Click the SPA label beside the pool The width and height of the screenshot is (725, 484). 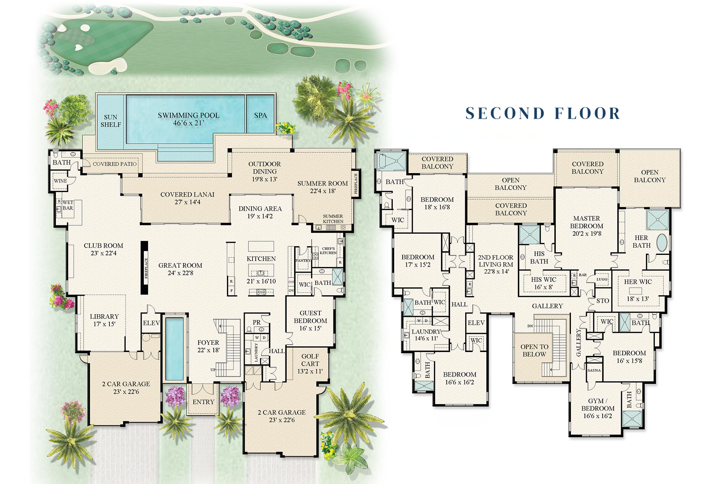point(260,115)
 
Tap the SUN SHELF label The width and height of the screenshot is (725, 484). point(111,121)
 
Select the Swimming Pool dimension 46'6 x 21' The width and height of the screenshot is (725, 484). point(188,123)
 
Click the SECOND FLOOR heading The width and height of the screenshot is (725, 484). point(543,113)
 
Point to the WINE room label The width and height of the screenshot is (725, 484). point(60,181)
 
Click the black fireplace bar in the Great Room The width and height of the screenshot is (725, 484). point(144,268)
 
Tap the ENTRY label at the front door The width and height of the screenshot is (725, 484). point(203,402)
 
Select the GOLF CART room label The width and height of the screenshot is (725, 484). point(310,360)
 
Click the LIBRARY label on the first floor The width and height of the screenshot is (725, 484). point(104,316)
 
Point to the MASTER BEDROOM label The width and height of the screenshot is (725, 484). point(586,222)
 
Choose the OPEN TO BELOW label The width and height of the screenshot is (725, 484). point(534,351)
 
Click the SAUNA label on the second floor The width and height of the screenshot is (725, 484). point(594,370)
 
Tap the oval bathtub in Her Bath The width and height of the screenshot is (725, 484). point(662,243)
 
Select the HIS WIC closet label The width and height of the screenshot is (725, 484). point(543,280)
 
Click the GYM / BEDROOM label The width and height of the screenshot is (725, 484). point(598,405)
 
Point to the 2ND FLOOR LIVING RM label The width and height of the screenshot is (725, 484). point(495,261)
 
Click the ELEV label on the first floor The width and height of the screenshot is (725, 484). point(151,323)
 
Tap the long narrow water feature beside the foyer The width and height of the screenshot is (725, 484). point(174,349)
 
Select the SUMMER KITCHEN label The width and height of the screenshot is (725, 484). point(333,219)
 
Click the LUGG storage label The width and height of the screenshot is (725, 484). point(602,279)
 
